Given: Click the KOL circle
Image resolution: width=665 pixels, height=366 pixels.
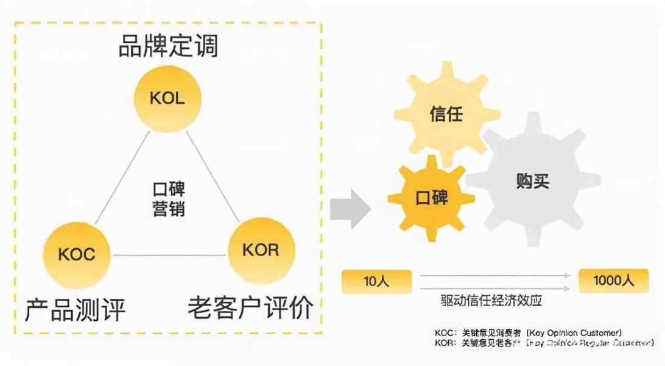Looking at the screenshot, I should tap(167, 99).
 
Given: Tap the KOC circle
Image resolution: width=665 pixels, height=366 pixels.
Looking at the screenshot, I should tap(77, 254).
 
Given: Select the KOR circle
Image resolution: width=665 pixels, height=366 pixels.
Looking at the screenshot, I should tap(261, 250).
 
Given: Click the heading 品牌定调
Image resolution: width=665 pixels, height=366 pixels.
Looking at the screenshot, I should tap(167, 46).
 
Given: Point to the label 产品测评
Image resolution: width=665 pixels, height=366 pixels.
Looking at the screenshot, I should tap(76, 310).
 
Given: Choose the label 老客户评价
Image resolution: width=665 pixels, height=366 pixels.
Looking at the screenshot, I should tap(250, 309).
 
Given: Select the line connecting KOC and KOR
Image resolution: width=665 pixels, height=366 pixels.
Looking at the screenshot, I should tap(169, 254).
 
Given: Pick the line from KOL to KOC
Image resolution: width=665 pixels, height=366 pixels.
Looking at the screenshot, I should tap(122, 178).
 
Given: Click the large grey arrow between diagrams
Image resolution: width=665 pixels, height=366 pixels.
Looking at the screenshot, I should tap(350, 209).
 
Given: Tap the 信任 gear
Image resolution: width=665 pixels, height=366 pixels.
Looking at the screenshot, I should tap(446, 114).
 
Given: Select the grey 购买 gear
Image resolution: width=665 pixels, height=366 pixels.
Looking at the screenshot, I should tap(532, 181).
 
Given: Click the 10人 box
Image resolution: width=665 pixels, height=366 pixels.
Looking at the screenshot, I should tap(376, 281).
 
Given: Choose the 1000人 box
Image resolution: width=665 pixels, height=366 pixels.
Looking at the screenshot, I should tap(613, 281).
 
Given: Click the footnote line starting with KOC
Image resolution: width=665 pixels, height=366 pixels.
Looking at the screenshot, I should tap(527, 332).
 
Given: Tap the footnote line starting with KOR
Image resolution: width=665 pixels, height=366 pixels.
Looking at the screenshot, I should tap(527, 343).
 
